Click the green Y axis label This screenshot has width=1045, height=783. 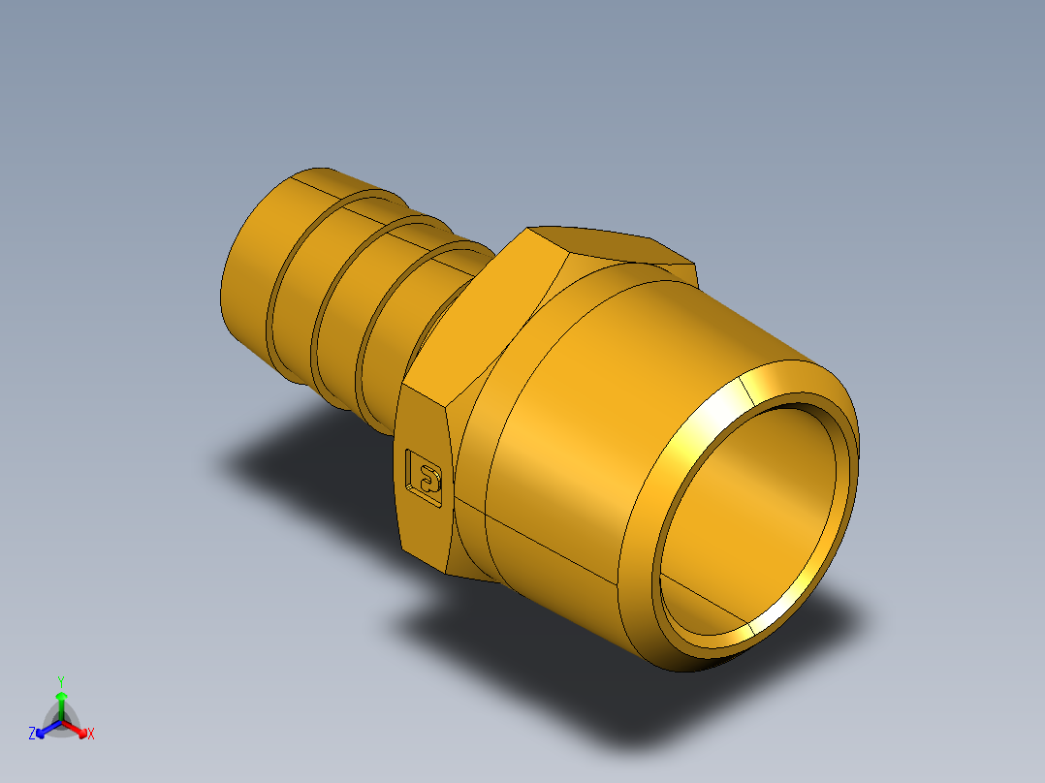click(60, 680)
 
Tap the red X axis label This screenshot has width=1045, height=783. click(91, 735)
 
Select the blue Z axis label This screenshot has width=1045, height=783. click(32, 735)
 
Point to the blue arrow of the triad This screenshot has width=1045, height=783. click(43, 729)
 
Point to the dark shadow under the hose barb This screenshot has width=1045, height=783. click(291, 455)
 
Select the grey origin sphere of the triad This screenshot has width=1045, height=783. click(61, 723)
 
